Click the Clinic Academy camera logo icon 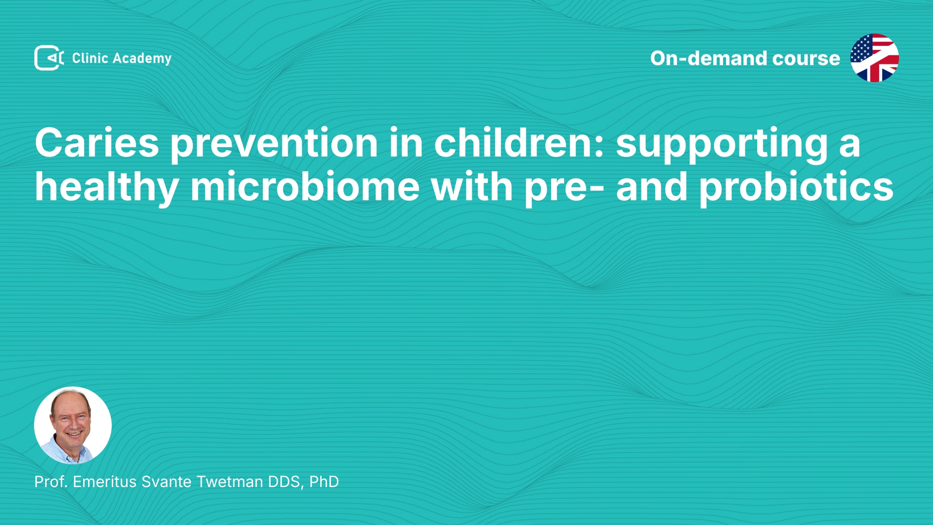[49, 58]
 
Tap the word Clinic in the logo [90, 58]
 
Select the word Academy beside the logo [142, 59]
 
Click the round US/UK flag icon [875, 58]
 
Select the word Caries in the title [97, 143]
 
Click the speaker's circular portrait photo [73, 425]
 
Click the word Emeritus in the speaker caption [105, 482]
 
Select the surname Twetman [230, 482]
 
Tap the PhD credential [324, 482]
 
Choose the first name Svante [167, 482]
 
